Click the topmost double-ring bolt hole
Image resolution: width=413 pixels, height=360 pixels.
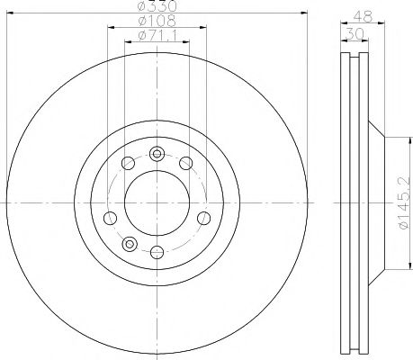(157, 151)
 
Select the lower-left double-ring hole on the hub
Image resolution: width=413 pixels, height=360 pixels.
(129, 243)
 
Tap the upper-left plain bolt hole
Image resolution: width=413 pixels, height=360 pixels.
(128, 163)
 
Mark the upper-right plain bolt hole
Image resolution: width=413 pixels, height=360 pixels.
(185, 163)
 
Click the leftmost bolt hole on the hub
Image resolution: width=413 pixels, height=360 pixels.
(110, 219)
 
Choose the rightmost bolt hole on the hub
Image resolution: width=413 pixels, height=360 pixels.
(203, 219)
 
